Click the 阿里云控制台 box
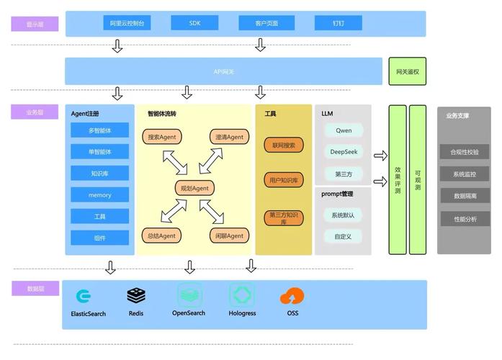[x=127, y=23]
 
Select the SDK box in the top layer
[x=194, y=23]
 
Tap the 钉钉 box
[x=338, y=23]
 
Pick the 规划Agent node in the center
[x=194, y=188]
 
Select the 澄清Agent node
[x=229, y=137]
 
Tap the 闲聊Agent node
[x=229, y=235]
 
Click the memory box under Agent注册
[x=100, y=195]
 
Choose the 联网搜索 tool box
[x=284, y=145]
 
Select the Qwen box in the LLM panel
[x=344, y=130]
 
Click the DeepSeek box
[x=344, y=152]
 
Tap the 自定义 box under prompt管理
[x=344, y=236]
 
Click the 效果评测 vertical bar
[x=398, y=180]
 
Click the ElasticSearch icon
[x=84, y=296]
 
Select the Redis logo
[x=136, y=295]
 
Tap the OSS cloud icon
[x=292, y=296]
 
